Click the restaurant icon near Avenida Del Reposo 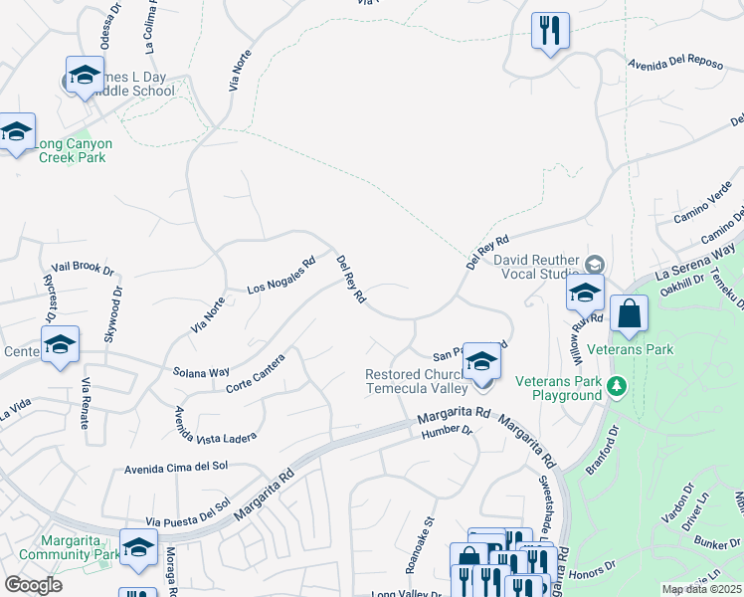550,31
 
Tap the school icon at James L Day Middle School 85,76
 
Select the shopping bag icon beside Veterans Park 629,315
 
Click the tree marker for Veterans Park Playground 617,386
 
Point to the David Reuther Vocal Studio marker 595,264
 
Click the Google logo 33,585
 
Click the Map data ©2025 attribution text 701,589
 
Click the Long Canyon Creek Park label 74,150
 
